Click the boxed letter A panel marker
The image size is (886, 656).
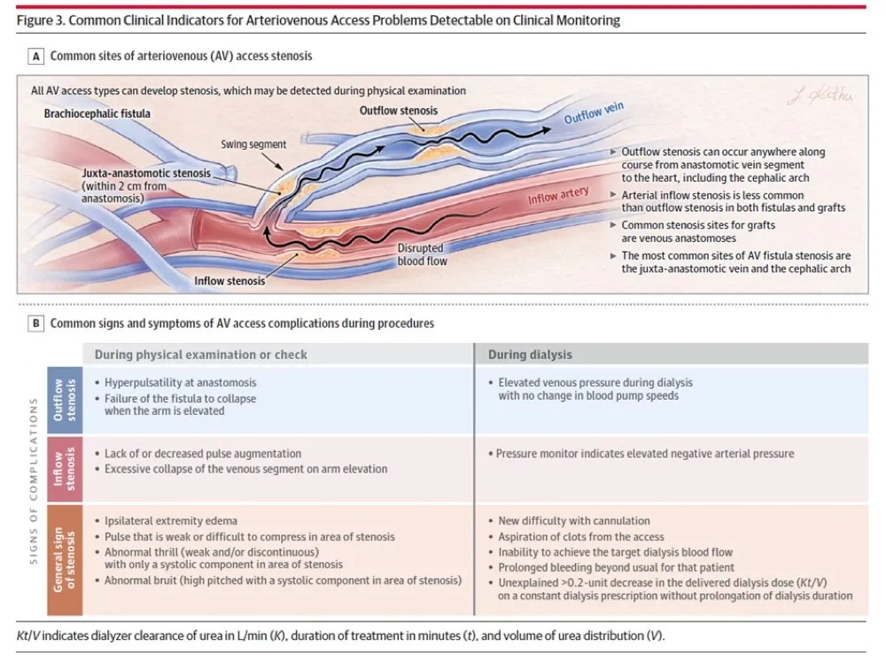click(x=37, y=56)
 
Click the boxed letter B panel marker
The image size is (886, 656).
click(x=37, y=324)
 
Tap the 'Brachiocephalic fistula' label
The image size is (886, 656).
click(x=97, y=113)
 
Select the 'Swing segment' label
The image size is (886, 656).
click(x=253, y=144)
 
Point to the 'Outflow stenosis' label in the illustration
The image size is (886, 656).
click(x=399, y=111)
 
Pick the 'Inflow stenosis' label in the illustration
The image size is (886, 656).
click(x=229, y=282)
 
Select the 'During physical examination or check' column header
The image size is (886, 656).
click(x=201, y=355)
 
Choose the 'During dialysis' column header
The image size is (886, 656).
click(x=530, y=355)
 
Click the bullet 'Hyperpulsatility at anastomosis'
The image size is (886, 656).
click(x=180, y=382)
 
